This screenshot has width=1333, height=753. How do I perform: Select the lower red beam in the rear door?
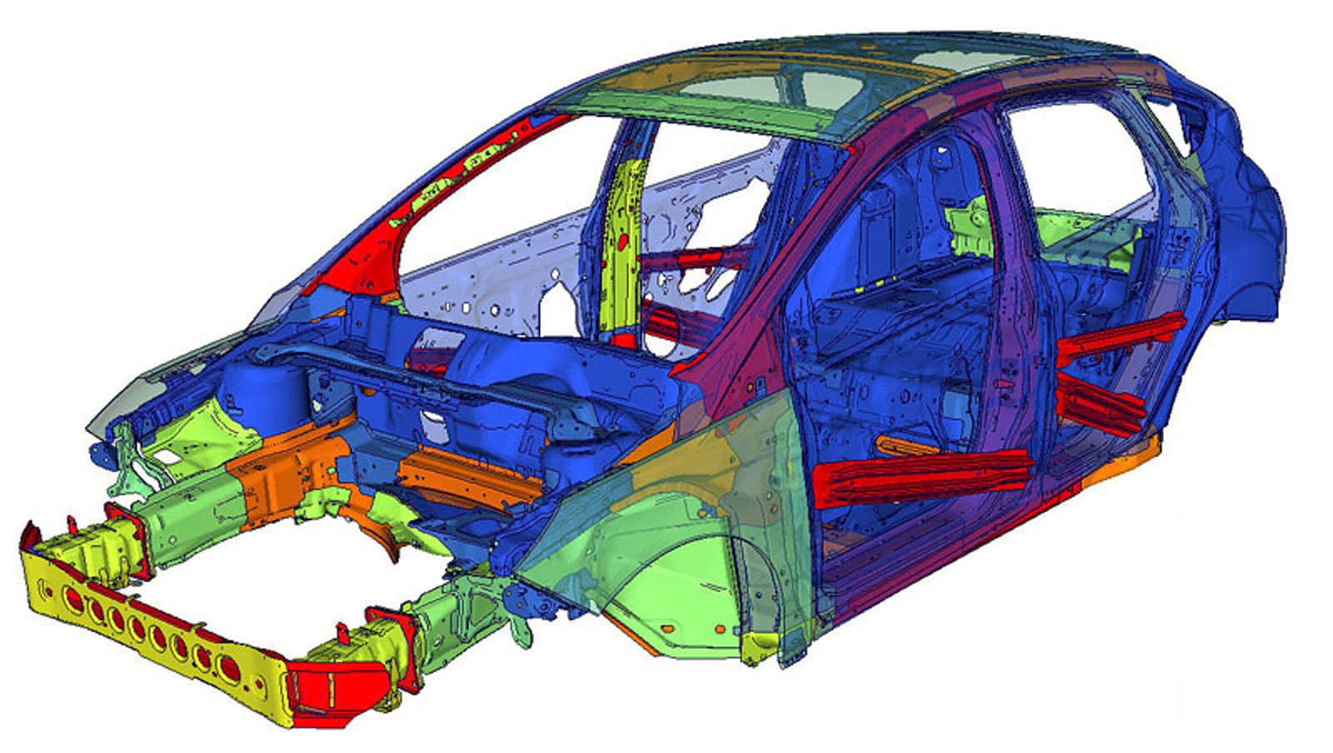point(1100,404)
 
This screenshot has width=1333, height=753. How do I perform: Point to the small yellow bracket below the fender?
point(760,646)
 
